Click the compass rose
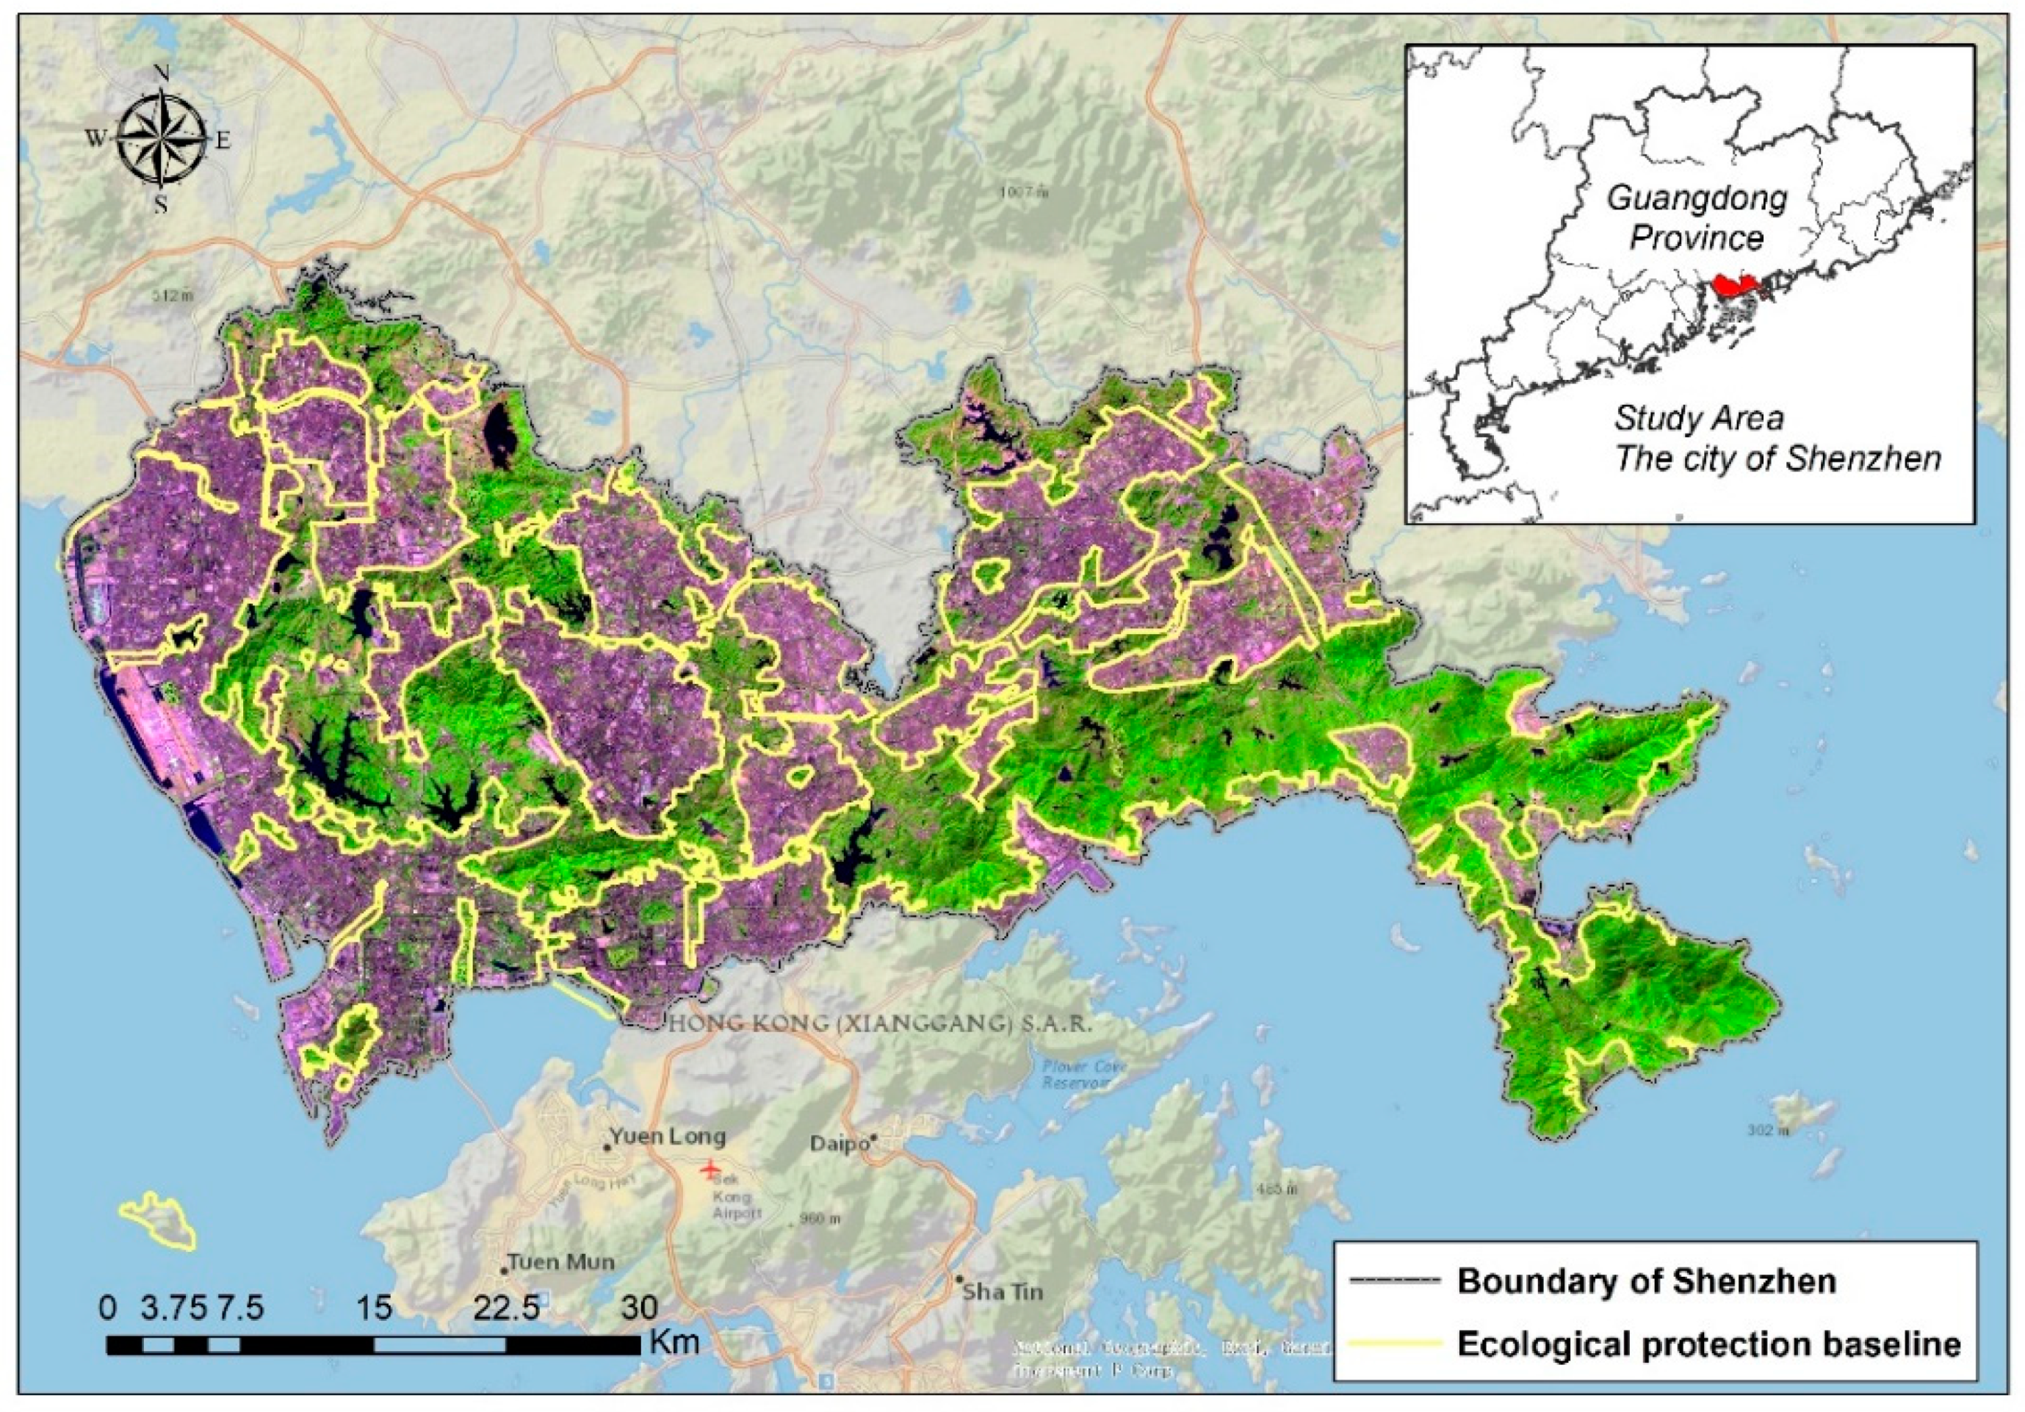pos(162,138)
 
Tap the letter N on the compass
pos(162,74)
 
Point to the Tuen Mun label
pos(561,1262)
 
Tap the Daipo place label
pos(838,1144)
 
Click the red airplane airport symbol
pos(709,1169)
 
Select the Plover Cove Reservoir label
pos(1073,1073)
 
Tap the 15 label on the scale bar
pos(374,1306)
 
